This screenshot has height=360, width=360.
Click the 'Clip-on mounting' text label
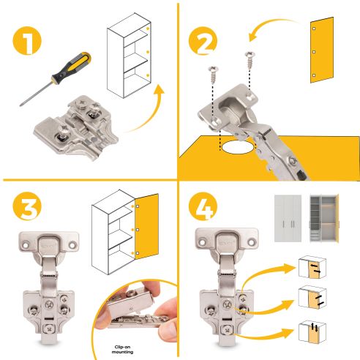point(125,349)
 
